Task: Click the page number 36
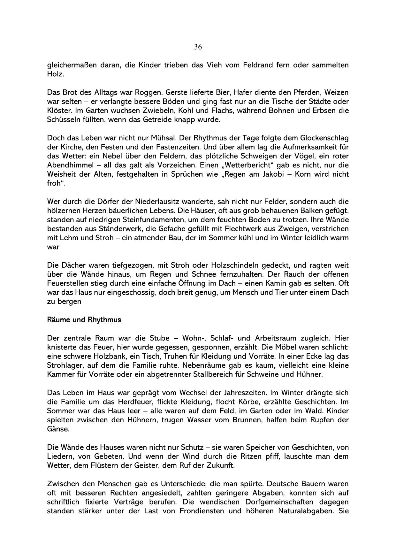[x=198, y=47]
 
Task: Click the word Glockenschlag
[x=324, y=138]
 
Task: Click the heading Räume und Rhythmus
[x=84, y=320]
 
